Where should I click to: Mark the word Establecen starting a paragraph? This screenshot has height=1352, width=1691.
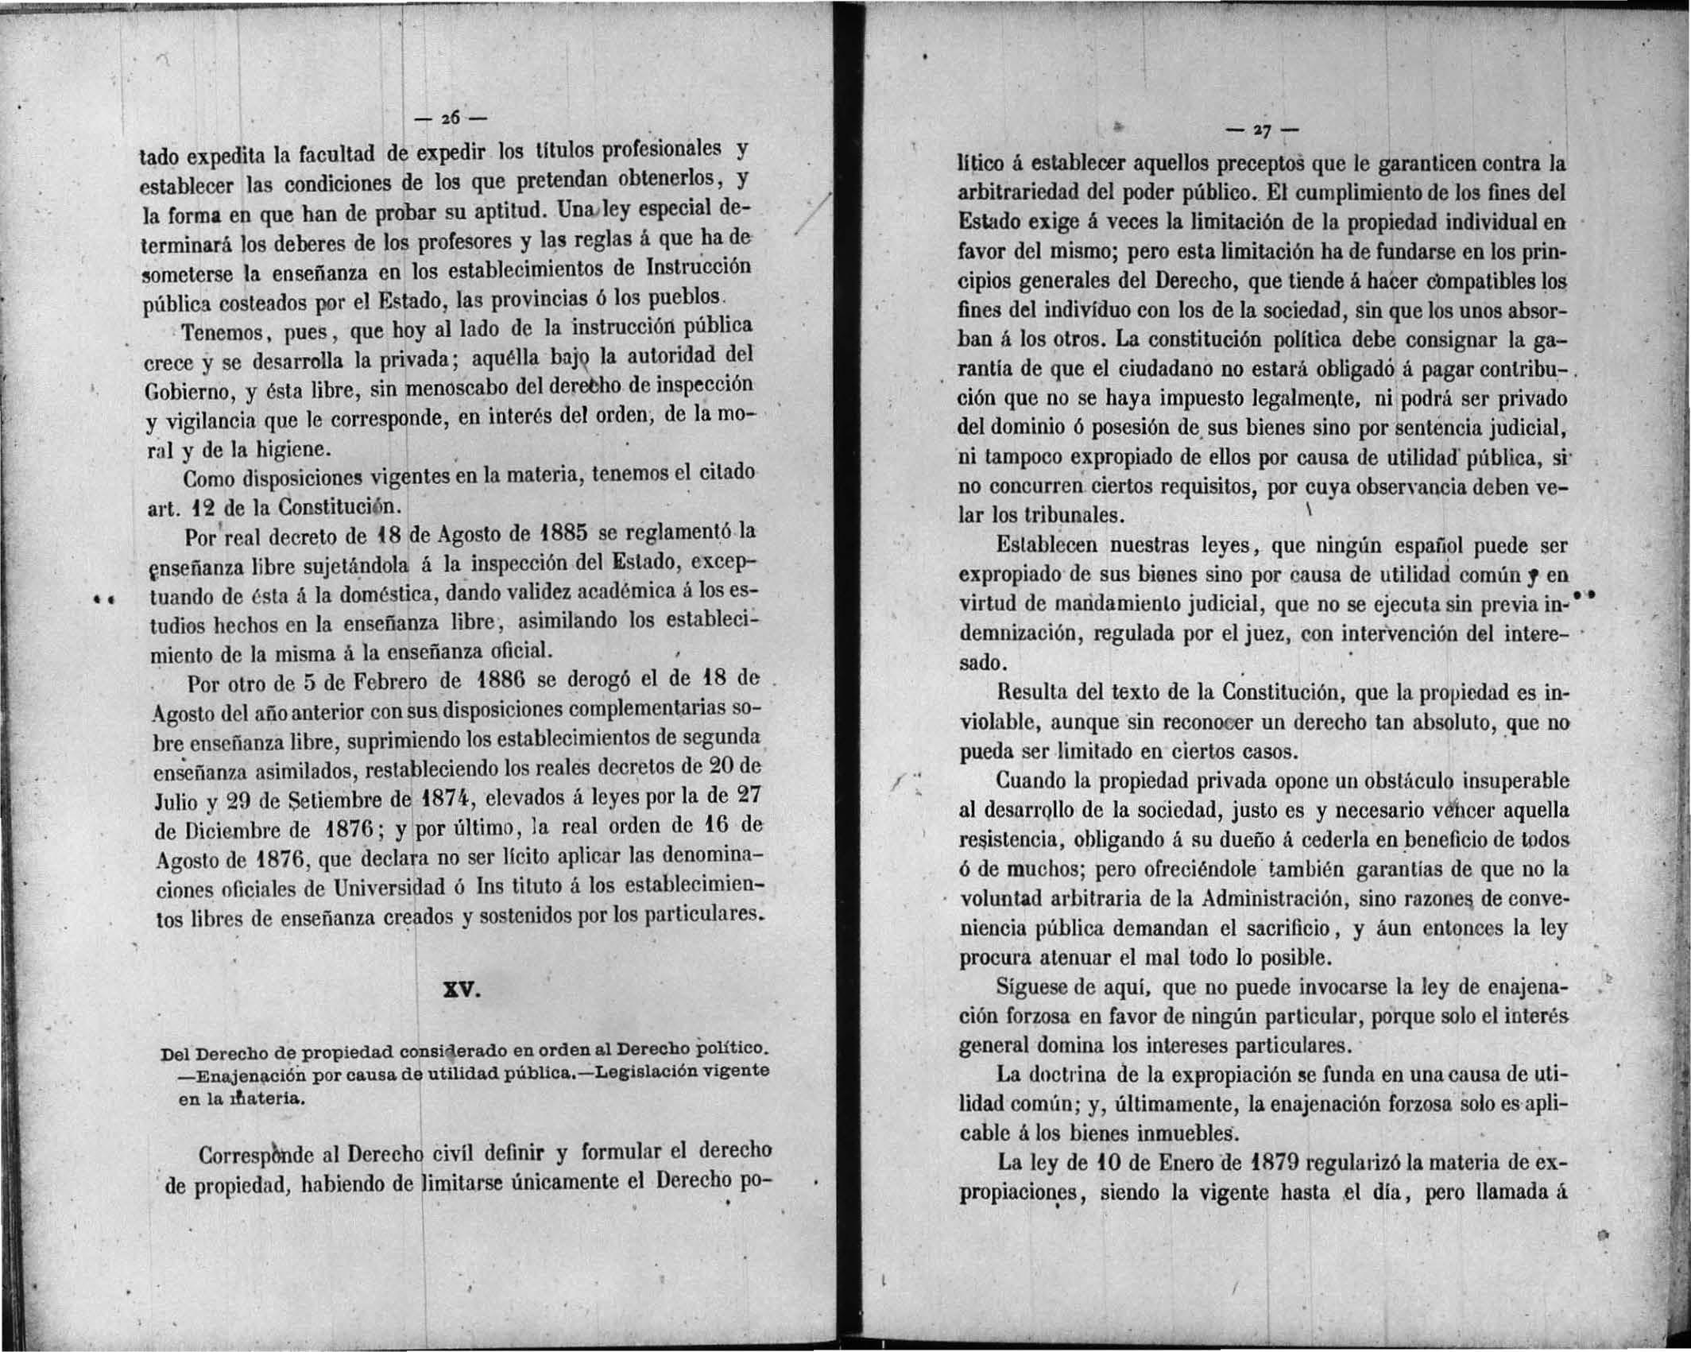(x=1047, y=547)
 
